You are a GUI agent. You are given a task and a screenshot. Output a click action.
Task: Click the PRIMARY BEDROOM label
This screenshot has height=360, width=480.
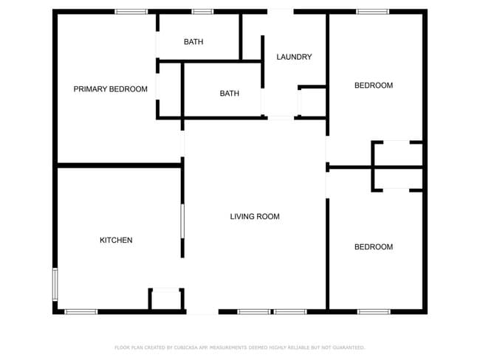coord(111,89)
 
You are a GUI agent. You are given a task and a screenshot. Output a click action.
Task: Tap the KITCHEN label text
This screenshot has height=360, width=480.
coord(116,240)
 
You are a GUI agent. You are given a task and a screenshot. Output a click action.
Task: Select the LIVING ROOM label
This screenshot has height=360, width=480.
coord(255,217)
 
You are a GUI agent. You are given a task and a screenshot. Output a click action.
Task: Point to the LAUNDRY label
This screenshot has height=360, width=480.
coord(294,57)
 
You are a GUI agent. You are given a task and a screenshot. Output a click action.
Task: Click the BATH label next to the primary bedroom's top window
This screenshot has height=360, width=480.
coord(193,41)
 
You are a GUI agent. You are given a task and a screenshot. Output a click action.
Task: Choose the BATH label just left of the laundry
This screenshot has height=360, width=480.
coord(229,93)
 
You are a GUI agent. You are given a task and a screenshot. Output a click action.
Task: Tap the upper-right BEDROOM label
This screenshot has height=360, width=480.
coord(374,86)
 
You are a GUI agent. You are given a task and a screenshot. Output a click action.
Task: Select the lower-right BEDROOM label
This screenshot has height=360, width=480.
coord(374,247)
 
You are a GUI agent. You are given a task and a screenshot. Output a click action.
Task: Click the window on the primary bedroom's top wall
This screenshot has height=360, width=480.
coord(131,12)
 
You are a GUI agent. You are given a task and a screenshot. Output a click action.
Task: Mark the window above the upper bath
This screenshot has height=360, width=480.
coord(202,12)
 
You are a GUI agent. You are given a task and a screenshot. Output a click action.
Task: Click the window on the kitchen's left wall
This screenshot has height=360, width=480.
coord(55,284)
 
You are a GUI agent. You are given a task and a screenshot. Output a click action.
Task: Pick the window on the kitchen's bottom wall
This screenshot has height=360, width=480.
coord(80,311)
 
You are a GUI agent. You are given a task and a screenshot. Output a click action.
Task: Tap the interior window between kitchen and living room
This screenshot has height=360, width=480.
coord(182,221)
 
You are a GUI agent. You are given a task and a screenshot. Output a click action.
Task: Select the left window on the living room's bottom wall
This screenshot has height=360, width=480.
coord(254,311)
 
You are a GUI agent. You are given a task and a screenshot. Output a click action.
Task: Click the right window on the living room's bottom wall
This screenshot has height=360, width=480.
coord(290,311)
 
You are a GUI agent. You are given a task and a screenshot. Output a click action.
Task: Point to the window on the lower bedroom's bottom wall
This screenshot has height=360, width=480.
coord(374,311)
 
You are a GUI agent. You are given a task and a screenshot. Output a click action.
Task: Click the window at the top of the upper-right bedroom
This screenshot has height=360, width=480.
coord(372,12)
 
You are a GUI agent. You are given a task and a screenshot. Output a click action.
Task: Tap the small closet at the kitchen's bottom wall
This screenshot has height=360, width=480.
coord(166,299)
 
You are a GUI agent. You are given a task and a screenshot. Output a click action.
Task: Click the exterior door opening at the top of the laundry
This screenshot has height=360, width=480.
coord(281,12)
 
